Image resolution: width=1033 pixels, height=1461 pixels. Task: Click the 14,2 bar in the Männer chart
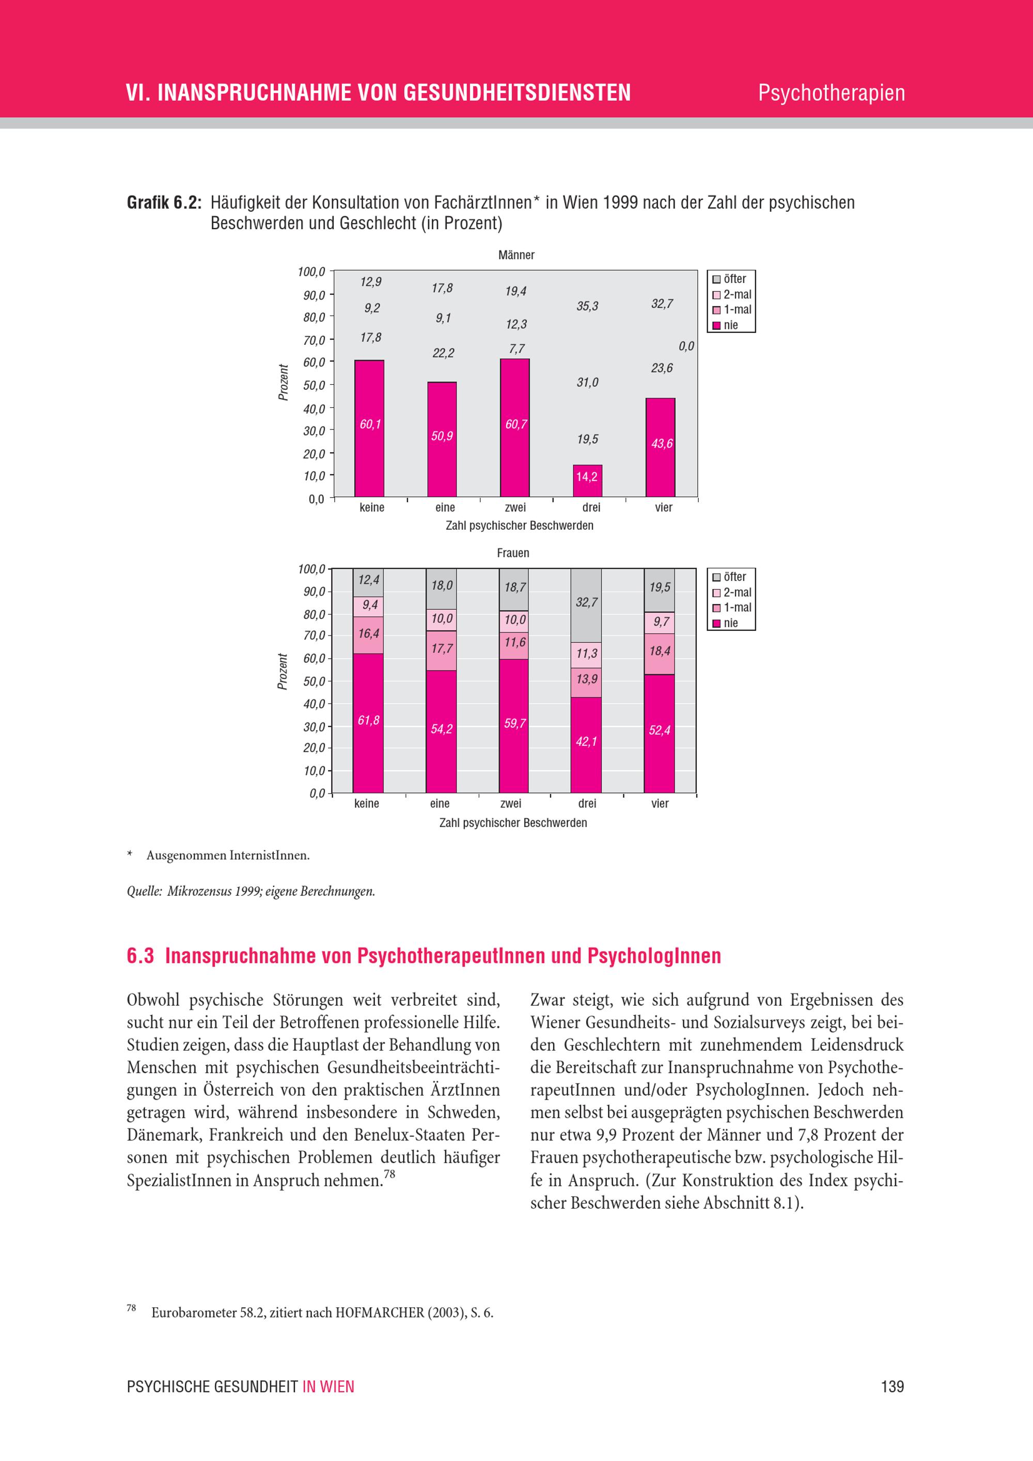click(x=587, y=481)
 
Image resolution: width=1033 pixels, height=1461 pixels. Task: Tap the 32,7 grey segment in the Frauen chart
click(x=586, y=605)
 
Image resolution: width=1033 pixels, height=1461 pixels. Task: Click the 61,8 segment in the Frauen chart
click(x=368, y=723)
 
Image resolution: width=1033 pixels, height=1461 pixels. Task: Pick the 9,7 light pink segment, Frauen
click(x=660, y=622)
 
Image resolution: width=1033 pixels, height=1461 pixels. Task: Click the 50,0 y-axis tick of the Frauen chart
click(x=314, y=681)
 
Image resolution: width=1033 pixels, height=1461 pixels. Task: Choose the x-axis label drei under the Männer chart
click(x=591, y=507)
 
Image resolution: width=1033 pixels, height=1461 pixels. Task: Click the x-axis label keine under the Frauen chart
click(x=367, y=804)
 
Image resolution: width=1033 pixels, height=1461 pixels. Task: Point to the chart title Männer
click(x=516, y=255)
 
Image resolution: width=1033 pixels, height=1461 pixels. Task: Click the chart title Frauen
click(x=513, y=553)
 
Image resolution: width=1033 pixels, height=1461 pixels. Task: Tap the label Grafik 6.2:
click(x=164, y=203)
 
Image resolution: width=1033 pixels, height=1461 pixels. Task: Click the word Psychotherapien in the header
click(x=831, y=93)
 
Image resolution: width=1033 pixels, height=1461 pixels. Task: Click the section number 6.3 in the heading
click(x=140, y=956)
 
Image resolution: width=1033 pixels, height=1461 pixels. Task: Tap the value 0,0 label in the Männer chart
click(x=686, y=346)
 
